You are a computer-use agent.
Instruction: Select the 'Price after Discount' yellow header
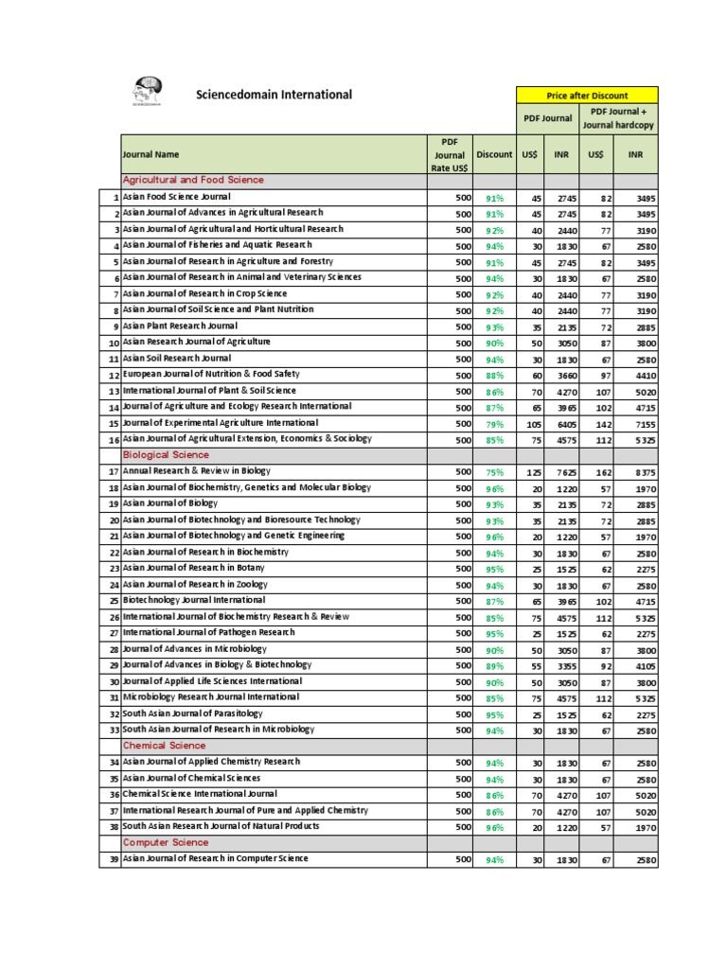[586, 96]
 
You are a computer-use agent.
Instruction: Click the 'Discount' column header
[494, 154]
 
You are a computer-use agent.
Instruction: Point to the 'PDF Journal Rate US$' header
[450, 154]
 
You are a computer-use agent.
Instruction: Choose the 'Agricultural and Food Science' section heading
[193, 180]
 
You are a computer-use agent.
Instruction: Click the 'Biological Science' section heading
[166, 455]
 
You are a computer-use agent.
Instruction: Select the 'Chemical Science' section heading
[165, 746]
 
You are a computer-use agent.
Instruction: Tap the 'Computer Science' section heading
[166, 842]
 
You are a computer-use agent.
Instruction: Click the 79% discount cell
[494, 424]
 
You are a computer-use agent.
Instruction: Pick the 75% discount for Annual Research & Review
[494, 472]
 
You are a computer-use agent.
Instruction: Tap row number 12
[111, 376]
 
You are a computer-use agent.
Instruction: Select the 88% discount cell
[494, 376]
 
